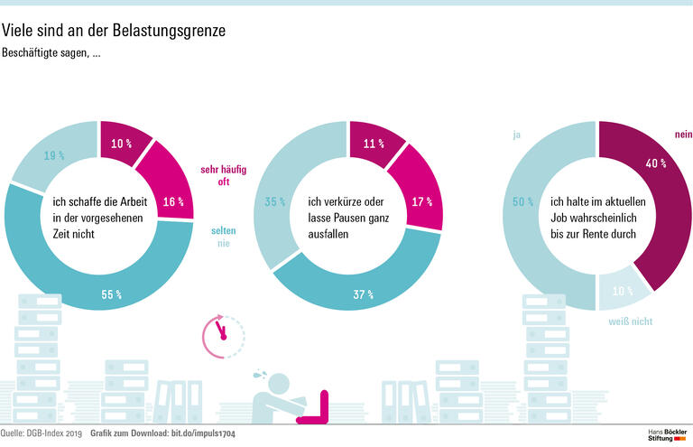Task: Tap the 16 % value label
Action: tap(174, 202)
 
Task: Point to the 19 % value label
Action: tap(55, 155)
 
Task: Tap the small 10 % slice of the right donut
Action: tap(622, 290)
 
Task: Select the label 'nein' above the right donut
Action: tap(682, 135)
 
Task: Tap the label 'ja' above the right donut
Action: tap(516, 135)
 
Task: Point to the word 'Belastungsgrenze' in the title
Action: tap(168, 31)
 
